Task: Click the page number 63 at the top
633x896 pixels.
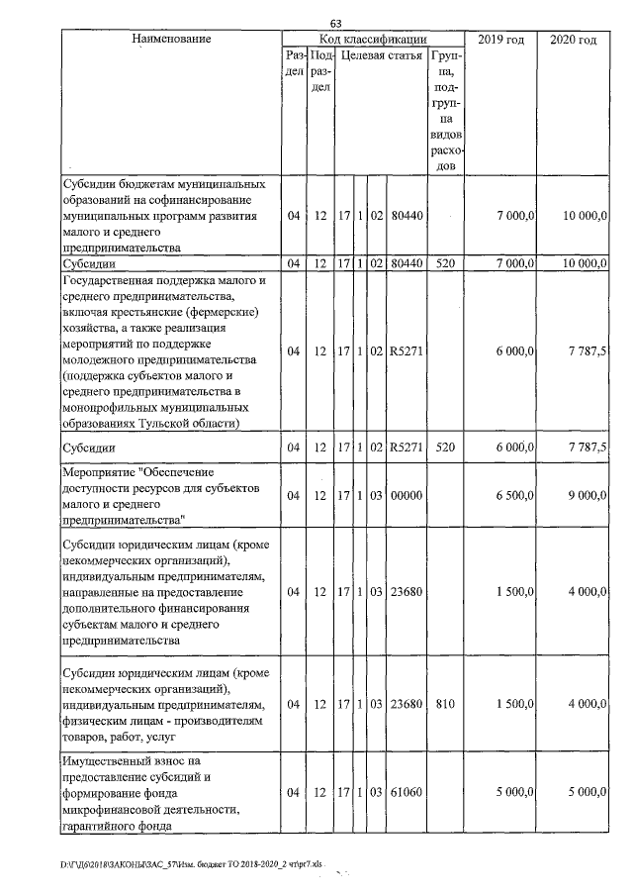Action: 335,24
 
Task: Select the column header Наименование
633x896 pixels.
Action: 170,40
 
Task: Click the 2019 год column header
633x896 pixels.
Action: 500,40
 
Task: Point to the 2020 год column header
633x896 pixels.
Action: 573,40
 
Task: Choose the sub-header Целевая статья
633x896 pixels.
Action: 381,57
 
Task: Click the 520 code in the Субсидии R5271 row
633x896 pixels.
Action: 444,448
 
